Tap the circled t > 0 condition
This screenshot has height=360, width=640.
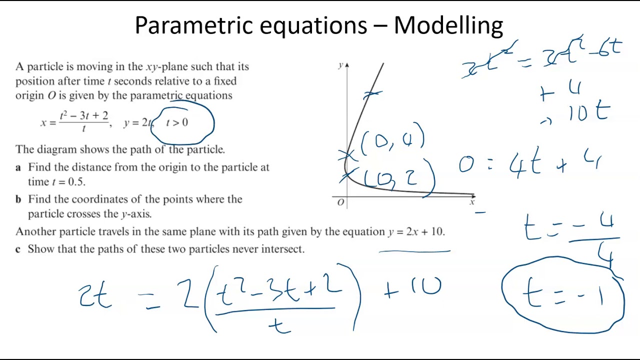click(x=177, y=123)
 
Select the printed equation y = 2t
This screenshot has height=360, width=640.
click(x=138, y=123)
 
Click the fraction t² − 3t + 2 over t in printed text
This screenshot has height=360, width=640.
click(x=83, y=122)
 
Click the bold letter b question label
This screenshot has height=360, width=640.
click(x=18, y=199)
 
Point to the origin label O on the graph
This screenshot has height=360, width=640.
click(x=341, y=202)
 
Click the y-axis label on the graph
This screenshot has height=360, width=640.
click(x=340, y=65)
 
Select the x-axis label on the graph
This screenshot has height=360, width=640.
click(x=472, y=202)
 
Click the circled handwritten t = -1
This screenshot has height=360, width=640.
click(x=563, y=295)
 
